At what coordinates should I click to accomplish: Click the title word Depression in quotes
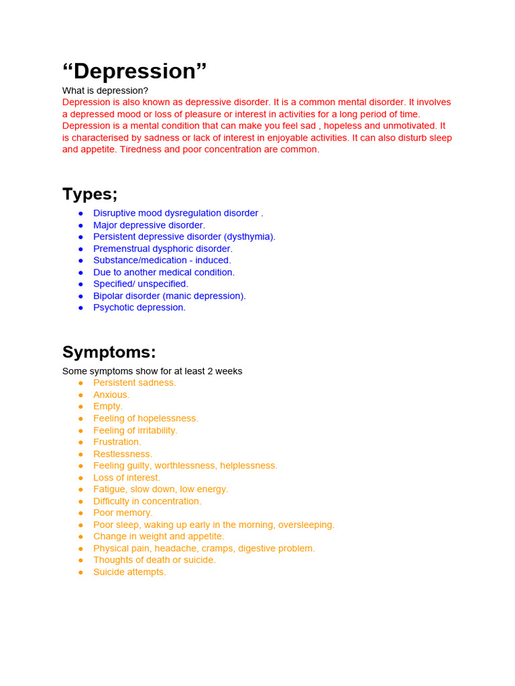point(134,72)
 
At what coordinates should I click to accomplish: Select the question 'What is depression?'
point(105,90)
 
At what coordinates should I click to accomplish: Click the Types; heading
point(90,194)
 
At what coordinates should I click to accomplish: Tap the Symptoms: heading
point(109,352)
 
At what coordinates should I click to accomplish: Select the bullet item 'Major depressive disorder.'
point(149,225)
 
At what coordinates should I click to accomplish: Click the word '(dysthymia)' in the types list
point(249,236)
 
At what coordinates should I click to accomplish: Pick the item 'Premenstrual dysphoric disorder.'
point(163,249)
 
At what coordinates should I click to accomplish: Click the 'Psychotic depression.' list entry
point(139,307)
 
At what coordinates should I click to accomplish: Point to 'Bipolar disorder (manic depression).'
point(170,295)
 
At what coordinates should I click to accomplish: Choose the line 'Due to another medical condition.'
point(164,272)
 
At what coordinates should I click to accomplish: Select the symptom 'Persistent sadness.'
point(134,383)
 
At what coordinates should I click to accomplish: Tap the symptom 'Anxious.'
point(111,395)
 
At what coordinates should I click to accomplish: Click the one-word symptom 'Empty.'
point(108,406)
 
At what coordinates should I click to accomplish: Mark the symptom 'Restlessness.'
point(123,454)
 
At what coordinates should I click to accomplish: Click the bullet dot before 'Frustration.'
point(80,442)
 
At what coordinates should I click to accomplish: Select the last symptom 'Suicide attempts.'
point(129,572)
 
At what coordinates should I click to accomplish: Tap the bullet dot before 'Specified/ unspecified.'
point(80,284)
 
